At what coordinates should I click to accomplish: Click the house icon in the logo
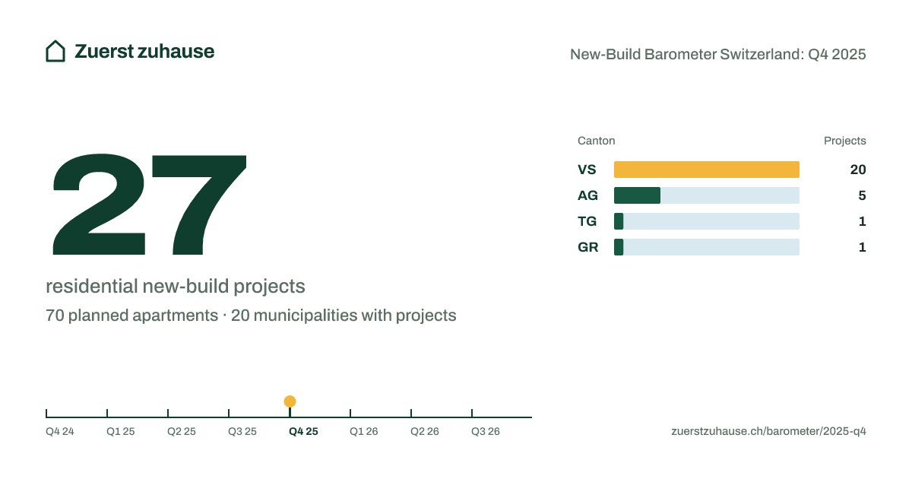(x=55, y=52)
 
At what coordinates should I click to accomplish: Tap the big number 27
(x=150, y=205)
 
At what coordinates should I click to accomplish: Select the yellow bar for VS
(x=706, y=170)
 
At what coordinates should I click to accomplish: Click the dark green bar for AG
(x=637, y=195)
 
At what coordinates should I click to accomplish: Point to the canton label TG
(x=587, y=221)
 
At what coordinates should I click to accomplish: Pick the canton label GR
(x=588, y=247)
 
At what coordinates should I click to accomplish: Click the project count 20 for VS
(x=858, y=170)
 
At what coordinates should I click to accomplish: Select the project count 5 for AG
(x=862, y=195)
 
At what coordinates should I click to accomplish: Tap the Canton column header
(x=596, y=141)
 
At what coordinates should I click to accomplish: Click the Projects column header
(x=845, y=141)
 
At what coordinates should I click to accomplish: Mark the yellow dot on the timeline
(x=290, y=401)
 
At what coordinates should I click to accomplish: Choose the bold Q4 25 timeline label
(x=303, y=431)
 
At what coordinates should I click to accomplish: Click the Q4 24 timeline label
(x=60, y=431)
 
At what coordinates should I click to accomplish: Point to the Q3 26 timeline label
(x=486, y=431)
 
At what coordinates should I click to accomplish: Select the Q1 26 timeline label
(x=363, y=431)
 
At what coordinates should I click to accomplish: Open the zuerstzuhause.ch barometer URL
(x=768, y=431)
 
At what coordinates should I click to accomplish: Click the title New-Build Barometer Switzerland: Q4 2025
(x=717, y=54)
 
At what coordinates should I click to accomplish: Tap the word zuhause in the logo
(x=176, y=52)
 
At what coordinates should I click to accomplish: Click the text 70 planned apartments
(x=131, y=316)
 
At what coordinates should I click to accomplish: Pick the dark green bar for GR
(x=619, y=247)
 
